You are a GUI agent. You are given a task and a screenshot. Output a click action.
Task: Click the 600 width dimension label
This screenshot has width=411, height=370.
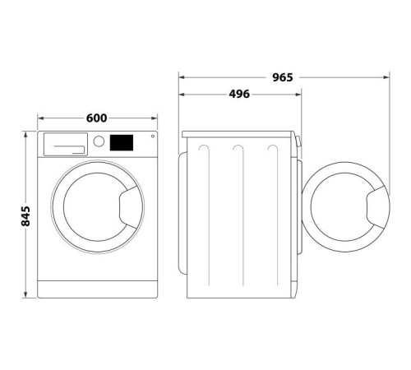(x=96, y=118)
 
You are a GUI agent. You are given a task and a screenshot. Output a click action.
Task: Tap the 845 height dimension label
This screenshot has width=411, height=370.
(x=25, y=216)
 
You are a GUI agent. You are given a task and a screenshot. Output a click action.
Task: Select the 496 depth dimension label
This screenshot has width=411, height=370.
(x=239, y=94)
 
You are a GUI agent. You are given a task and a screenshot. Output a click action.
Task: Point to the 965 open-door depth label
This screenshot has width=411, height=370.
(x=283, y=77)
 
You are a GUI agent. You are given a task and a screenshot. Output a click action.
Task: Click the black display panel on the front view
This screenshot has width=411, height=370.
(x=122, y=142)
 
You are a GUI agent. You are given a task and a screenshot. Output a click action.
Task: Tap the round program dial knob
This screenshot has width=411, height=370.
(x=99, y=141)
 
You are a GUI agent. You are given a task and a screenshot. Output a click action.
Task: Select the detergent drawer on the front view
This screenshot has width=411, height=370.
(x=66, y=144)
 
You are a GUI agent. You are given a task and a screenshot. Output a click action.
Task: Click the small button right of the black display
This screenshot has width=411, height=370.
(x=153, y=136)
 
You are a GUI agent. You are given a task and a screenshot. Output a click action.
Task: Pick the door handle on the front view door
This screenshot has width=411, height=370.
(x=128, y=207)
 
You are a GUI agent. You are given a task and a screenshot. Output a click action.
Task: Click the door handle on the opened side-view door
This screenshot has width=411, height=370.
(x=376, y=207)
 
